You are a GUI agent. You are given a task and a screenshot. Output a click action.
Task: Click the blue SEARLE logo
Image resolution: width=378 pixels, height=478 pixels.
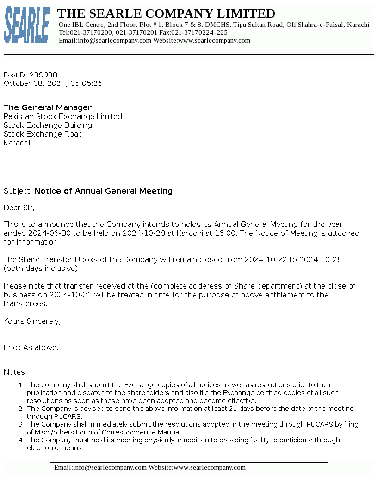27,25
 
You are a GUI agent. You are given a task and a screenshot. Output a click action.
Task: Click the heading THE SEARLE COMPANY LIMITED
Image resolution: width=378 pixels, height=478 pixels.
166,13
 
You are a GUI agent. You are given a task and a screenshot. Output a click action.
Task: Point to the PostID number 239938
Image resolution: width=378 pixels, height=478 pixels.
43,75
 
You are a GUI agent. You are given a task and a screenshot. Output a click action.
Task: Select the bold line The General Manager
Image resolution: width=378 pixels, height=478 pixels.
48,107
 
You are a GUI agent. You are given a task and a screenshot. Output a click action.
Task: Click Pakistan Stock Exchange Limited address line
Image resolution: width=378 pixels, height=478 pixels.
63,116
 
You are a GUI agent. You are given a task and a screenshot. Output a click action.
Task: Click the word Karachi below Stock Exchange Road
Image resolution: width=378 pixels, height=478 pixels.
17,143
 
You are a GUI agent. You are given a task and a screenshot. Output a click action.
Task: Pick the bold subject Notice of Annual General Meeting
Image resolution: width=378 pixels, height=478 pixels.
104,191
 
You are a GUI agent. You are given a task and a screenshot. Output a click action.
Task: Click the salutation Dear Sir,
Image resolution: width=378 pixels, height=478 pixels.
19,208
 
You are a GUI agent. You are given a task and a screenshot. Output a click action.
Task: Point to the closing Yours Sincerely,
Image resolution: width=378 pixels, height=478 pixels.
32,321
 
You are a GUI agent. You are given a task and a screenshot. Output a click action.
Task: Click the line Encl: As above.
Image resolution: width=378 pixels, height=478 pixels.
31,347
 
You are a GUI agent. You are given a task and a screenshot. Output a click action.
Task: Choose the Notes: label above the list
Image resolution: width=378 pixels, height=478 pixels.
15,372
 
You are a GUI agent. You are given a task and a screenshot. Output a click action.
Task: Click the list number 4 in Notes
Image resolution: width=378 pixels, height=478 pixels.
21,440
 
